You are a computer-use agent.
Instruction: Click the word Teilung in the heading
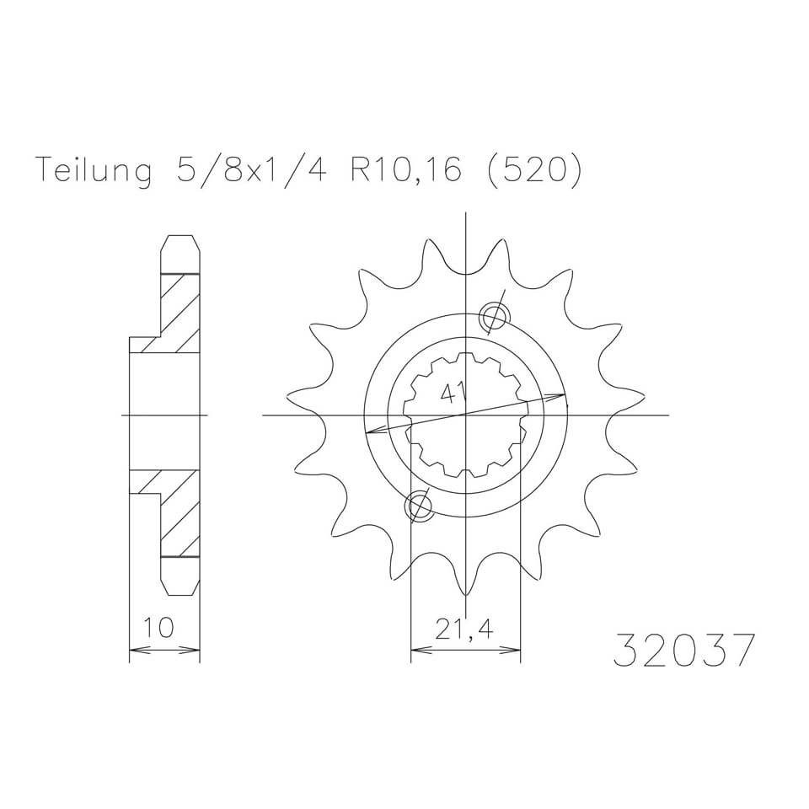(x=95, y=169)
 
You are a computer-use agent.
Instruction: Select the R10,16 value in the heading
(x=405, y=169)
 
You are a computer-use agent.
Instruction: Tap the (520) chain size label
(x=534, y=169)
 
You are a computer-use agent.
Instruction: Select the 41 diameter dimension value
(x=452, y=394)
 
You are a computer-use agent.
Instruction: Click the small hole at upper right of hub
(x=495, y=317)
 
